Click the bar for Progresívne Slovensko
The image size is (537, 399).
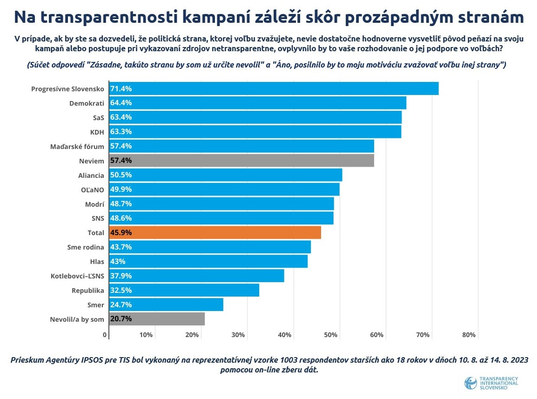coord(274,88)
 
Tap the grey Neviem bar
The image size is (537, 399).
coord(242,161)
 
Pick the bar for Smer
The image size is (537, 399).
coord(166,304)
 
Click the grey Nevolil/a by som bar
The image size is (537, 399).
coord(157,319)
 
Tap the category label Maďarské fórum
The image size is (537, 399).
coord(77,146)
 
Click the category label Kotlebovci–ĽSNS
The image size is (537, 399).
coord(78,276)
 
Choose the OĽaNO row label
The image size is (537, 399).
coord(92,189)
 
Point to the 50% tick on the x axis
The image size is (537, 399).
coord(330,335)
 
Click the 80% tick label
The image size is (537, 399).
coord(469,335)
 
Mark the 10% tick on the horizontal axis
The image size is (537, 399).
coord(146,335)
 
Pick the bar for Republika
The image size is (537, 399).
coord(184,290)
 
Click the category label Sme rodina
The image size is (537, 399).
coord(86,247)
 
